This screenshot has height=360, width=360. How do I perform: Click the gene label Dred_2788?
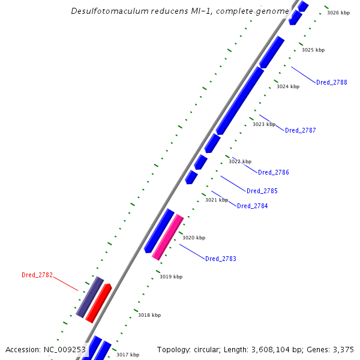point(331,82)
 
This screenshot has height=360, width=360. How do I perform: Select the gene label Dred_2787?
point(300,130)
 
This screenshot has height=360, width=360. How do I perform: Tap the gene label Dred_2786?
point(274,172)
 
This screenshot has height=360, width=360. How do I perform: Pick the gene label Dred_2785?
point(262,191)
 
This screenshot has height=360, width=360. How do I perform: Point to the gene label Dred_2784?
point(252,206)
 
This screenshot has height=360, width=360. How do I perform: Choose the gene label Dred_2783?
point(221,259)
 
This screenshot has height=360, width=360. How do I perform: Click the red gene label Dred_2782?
point(37,275)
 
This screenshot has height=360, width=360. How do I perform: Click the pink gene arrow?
point(168,237)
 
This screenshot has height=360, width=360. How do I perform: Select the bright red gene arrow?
point(98,303)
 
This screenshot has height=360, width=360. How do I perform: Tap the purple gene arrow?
point(90,297)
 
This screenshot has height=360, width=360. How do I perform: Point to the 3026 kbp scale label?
point(338,13)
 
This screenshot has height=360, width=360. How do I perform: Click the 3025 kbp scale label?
point(313,50)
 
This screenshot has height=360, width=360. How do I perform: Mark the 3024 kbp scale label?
point(288,86)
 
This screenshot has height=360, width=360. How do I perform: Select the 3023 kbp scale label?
point(264,124)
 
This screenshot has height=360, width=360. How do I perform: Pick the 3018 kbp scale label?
point(149,315)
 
